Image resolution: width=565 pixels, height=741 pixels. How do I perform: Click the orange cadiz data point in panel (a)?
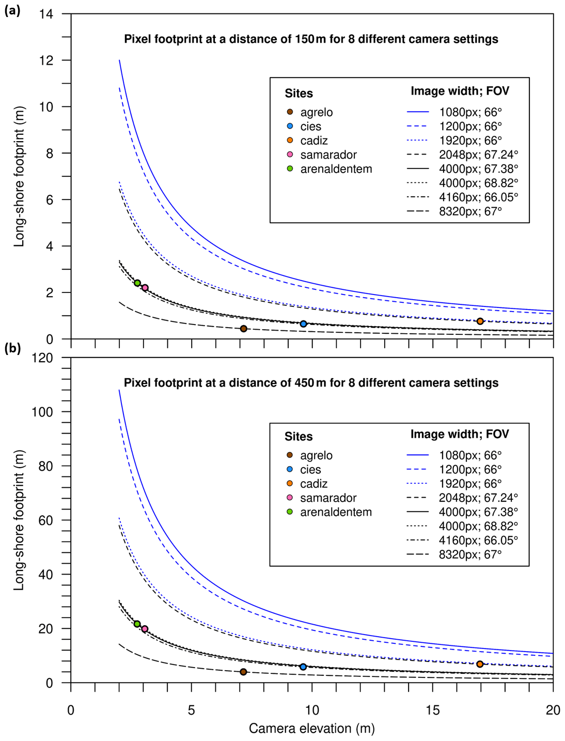pos(480,321)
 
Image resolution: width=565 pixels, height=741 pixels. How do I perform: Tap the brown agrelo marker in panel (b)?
pos(243,672)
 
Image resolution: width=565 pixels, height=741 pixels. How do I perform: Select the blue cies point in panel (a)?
pos(303,324)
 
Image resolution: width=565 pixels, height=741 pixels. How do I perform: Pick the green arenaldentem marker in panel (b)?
pos(137,624)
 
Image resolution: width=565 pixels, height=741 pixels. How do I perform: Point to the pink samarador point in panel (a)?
pos(145,288)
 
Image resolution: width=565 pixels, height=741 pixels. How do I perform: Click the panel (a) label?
pos(12,10)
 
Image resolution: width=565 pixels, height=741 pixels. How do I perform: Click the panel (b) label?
pos(12,348)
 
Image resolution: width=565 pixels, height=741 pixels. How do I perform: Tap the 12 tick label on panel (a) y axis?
pos(46,60)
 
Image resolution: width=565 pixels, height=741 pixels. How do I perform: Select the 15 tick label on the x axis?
pos(432,710)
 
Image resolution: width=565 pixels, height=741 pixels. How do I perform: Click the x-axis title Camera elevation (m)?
pos(311,729)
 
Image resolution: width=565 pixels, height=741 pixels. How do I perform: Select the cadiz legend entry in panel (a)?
pos(314,141)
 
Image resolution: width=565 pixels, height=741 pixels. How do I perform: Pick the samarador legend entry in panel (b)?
pos(328,498)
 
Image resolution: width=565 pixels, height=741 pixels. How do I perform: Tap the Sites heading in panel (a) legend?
pos(299,94)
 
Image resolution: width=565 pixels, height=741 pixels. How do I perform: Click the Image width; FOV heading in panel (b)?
pos(460,434)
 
